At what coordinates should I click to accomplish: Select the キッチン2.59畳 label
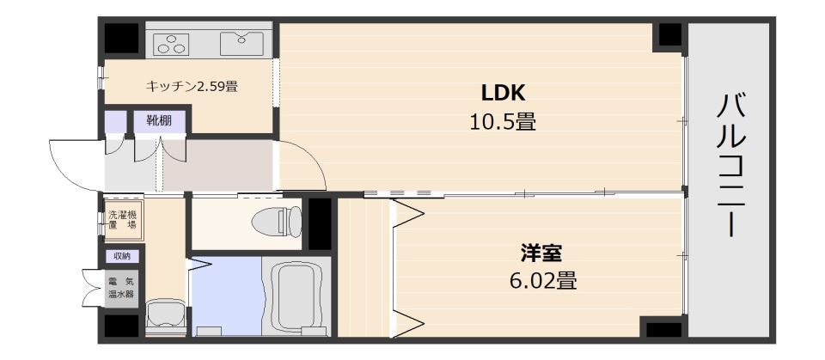pos(192,86)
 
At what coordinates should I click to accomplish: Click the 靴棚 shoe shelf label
pos(158,121)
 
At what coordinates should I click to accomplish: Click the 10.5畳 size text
pos(503,121)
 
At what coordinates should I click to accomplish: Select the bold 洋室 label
pos(541,253)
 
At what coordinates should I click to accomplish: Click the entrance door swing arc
pos(73,163)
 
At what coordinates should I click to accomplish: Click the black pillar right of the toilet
pos(320,223)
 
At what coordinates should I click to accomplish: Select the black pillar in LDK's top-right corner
pos(668,36)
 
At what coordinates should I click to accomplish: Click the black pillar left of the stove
pos(122,39)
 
